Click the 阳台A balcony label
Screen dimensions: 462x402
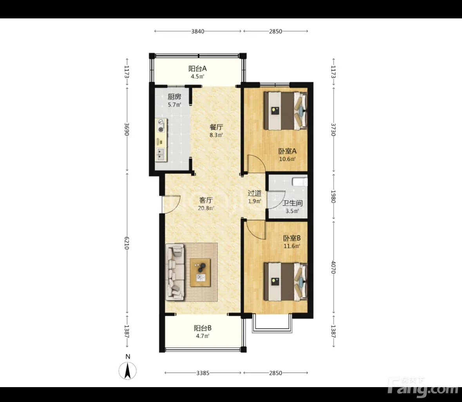pos(197,69)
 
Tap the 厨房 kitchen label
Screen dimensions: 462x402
pos(174,97)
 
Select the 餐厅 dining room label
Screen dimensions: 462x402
pos(216,127)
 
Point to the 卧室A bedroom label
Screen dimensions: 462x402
pos(287,151)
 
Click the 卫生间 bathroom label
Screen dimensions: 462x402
pos(292,203)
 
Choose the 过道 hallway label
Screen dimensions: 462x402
pos(255,193)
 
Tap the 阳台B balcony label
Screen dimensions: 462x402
pos(203,328)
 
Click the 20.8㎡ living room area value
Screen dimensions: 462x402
pos(206,208)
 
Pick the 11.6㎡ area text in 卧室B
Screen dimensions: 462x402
pos(292,246)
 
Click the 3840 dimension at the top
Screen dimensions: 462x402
pos(198,31)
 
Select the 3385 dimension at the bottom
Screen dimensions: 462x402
pos(203,373)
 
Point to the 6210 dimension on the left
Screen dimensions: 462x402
pos(127,243)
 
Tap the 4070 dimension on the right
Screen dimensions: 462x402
pos(333,267)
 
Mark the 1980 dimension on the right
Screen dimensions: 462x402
pos(333,196)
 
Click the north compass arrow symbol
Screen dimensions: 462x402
pos(128,371)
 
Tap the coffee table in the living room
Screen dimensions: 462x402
pos(200,272)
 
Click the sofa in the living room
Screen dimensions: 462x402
pos(175,272)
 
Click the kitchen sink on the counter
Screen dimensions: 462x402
pos(161,154)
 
